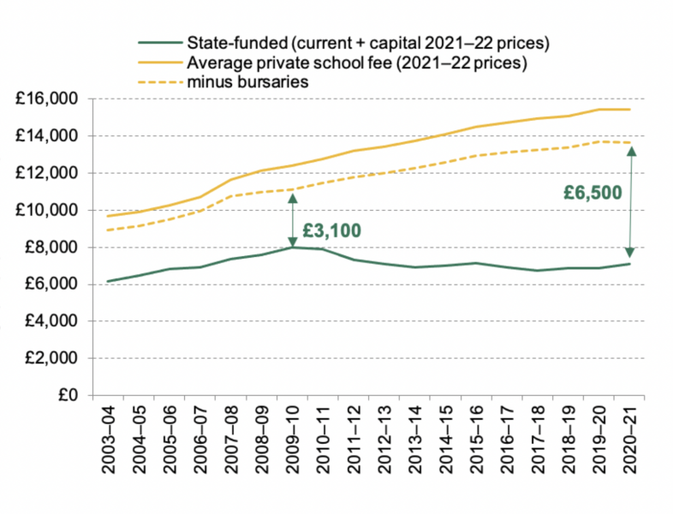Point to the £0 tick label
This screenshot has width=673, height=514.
pyautogui.click(x=68, y=396)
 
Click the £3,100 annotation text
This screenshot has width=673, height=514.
pyautogui.click(x=332, y=230)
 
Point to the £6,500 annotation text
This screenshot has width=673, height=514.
pyautogui.click(x=593, y=193)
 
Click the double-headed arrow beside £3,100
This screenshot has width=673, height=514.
pyautogui.click(x=292, y=219)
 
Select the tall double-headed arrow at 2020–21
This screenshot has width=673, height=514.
pyautogui.click(x=630, y=201)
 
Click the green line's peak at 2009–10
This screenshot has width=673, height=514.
pyautogui.click(x=292, y=247)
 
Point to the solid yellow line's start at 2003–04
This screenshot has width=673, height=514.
pyautogui.click(x=109, y=216)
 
